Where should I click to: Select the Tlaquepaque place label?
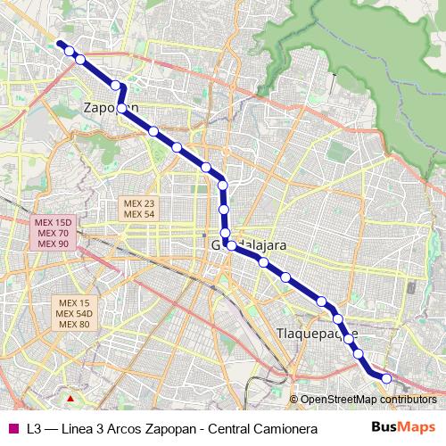pos(318,334)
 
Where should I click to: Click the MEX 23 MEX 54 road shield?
pos(139,209)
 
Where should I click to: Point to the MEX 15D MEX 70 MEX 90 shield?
pos(52,233)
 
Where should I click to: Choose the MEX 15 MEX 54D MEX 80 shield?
pos(72,312)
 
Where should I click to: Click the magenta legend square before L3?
pos(11,428)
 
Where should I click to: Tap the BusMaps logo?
pos(403,427)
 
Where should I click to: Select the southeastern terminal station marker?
pos(387,379)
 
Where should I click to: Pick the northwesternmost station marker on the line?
pos(69,51)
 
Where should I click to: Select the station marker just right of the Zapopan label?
pos(123,109)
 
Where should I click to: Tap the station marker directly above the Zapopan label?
pos(115,86)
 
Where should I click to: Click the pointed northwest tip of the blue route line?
pos(58,43)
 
